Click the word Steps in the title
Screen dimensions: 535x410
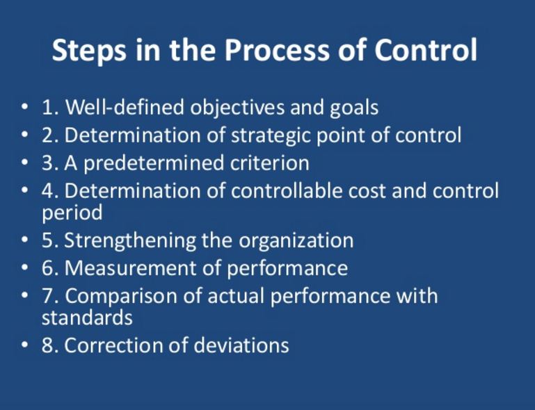[x=88, y=51]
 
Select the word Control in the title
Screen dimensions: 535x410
[x=426, y=50]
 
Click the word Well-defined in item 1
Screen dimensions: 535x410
[x=125, y=107]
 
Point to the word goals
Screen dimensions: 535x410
[x=354, y=109]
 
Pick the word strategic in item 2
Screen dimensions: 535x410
[x=270, y=136]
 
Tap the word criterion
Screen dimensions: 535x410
[x=269, y=163]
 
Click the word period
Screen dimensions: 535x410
[x=72, y=214]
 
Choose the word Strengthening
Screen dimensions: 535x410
[x=130, y=241]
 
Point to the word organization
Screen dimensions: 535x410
[x=296, y=241]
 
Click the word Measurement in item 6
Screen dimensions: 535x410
[x=129, y=268]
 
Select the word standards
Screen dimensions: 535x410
[x=87, y=318]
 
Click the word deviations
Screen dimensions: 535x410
[x=241, y=345]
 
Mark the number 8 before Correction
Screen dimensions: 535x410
[x=47, y=345]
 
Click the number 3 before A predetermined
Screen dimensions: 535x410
[x=47, y=163]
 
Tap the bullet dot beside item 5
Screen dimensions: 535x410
[x=24, y=240]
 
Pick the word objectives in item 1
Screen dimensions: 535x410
[x=237, y=108]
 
